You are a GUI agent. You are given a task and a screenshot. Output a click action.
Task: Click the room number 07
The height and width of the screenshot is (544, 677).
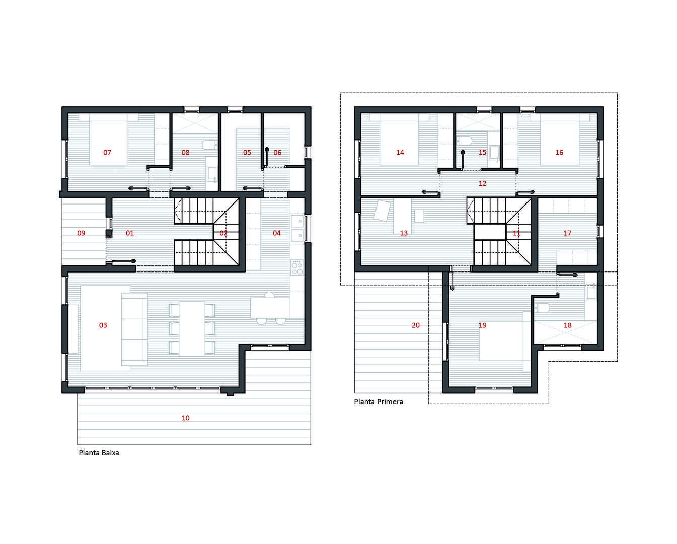(107, 153)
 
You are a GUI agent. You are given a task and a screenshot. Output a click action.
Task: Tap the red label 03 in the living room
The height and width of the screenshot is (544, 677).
(103, 325)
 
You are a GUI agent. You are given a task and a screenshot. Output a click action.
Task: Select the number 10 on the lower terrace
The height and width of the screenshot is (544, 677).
(186, 418)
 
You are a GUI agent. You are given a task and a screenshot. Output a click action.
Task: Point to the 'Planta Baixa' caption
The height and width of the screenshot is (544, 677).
(99, 453)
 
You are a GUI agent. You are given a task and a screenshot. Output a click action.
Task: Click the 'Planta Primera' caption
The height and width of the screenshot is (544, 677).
(379, 402)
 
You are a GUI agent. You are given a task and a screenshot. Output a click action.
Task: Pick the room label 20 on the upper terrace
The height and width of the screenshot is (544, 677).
(416, 325)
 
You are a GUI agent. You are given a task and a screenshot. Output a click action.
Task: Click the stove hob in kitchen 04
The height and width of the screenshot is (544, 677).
(297, 267)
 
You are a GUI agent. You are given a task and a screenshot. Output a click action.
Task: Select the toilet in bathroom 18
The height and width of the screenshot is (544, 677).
(542, 308)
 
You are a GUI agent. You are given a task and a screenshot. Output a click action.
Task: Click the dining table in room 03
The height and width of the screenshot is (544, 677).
(192, 328)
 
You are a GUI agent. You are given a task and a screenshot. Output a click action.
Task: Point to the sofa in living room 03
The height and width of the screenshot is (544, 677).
(134, 329)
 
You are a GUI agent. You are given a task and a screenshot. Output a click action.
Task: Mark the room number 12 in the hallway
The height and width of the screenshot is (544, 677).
(482, 183)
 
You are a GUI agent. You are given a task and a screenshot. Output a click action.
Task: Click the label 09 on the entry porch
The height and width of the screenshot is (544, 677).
(81, 233)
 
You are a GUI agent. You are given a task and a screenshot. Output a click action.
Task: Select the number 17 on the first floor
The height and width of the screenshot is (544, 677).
(567, 233)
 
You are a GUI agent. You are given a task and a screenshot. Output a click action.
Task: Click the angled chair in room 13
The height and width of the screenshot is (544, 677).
(382, 211)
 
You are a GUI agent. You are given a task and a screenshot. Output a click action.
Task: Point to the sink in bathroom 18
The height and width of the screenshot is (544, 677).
(591, 292)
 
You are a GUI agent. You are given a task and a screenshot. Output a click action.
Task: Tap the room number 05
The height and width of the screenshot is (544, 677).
(247, 153)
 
